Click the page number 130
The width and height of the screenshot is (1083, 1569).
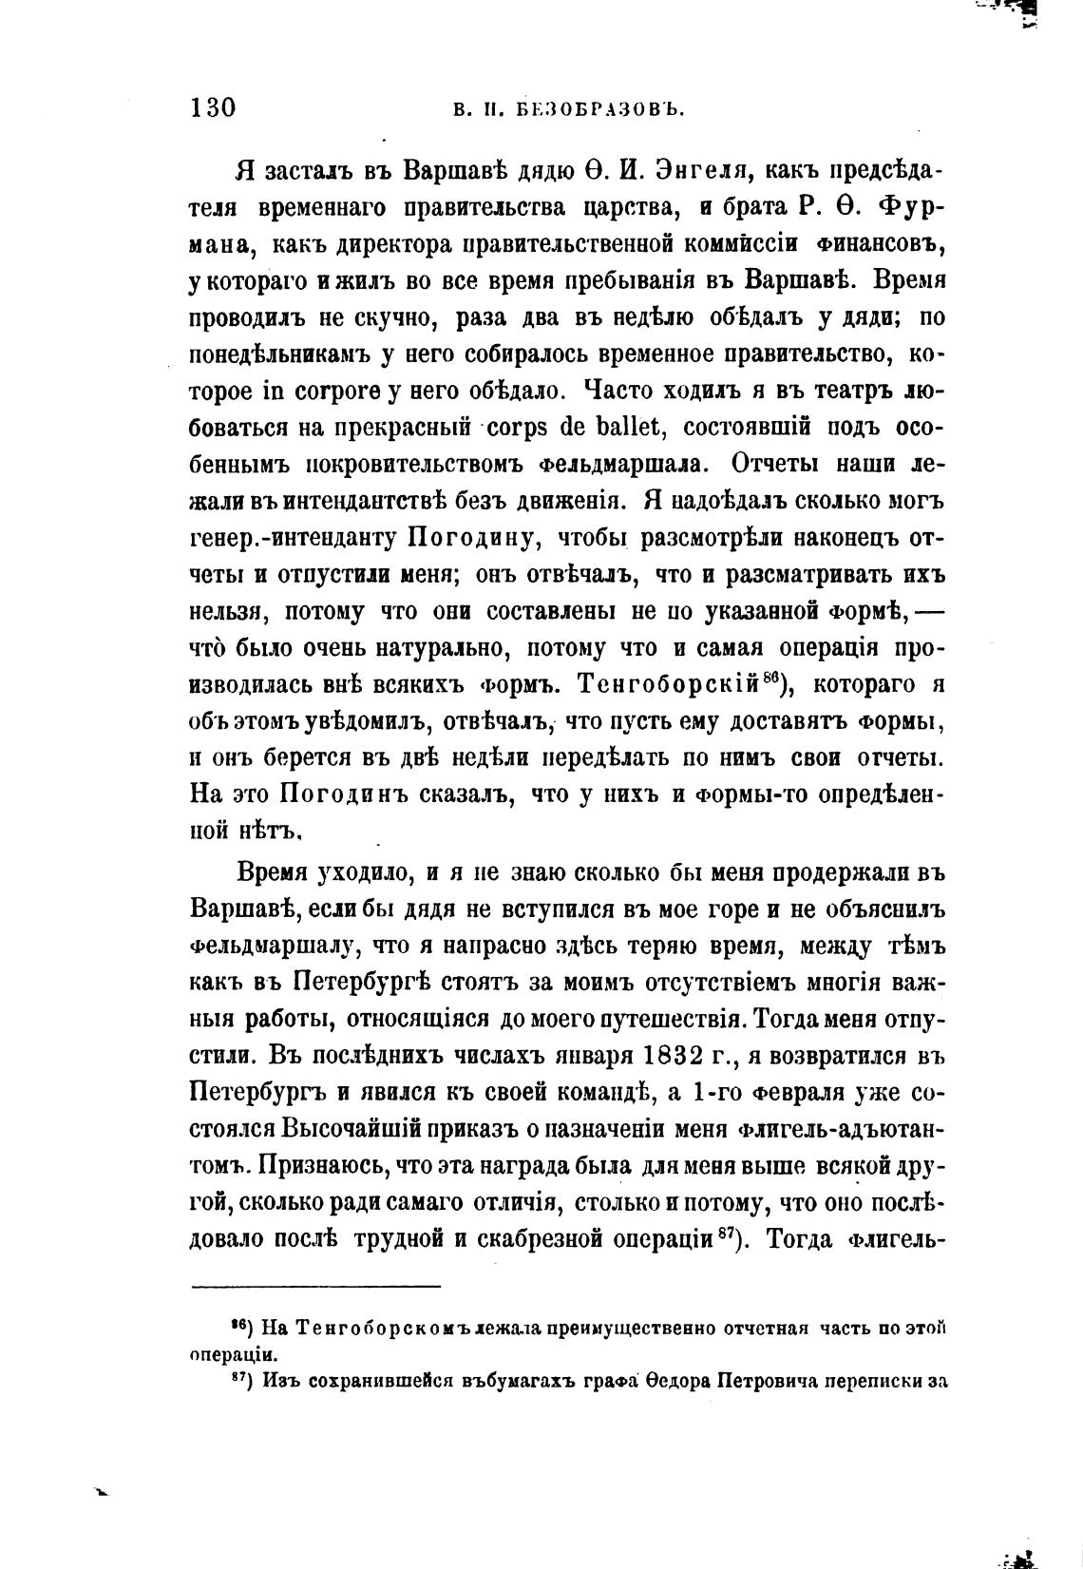point(213,106)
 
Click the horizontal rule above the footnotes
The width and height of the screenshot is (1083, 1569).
point(316,1287)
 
